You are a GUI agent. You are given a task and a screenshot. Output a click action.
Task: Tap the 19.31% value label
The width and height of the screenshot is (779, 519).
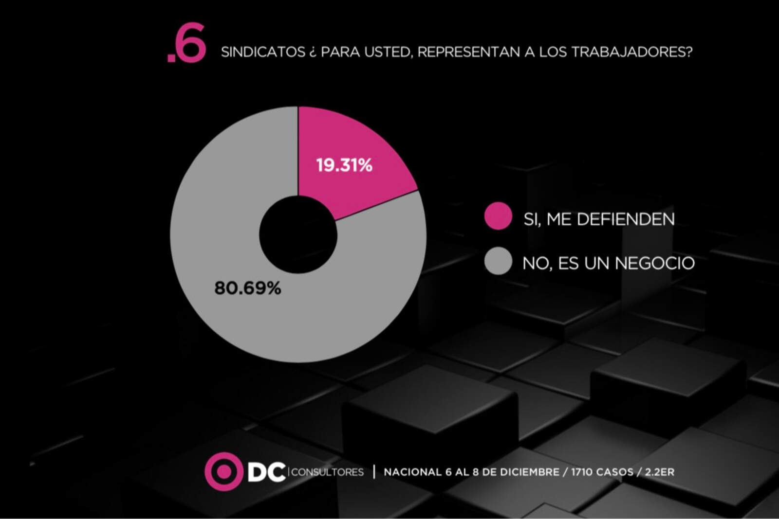coord(344,165)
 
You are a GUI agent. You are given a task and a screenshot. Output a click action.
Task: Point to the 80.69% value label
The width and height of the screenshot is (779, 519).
coord(247,288)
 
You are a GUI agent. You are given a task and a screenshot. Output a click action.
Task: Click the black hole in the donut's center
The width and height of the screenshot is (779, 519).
coord(298,234)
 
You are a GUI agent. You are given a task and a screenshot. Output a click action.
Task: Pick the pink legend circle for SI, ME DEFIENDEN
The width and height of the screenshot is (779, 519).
coord(498,216)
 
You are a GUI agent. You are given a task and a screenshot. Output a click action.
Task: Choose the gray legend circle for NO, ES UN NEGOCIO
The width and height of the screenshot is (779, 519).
coord(498,261)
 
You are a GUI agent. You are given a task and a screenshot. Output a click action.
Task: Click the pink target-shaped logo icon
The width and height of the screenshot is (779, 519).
coord(223,471)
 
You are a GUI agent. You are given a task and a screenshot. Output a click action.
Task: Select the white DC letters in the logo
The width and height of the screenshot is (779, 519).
coord(266,472)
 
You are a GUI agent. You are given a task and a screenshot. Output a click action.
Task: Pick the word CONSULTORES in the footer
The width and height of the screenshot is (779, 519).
coord(327,472)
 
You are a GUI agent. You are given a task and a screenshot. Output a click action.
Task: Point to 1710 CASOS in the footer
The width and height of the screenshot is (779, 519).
coord(602,472)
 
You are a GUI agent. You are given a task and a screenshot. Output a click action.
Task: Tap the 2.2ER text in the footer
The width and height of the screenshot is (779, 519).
coord(659,472)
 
